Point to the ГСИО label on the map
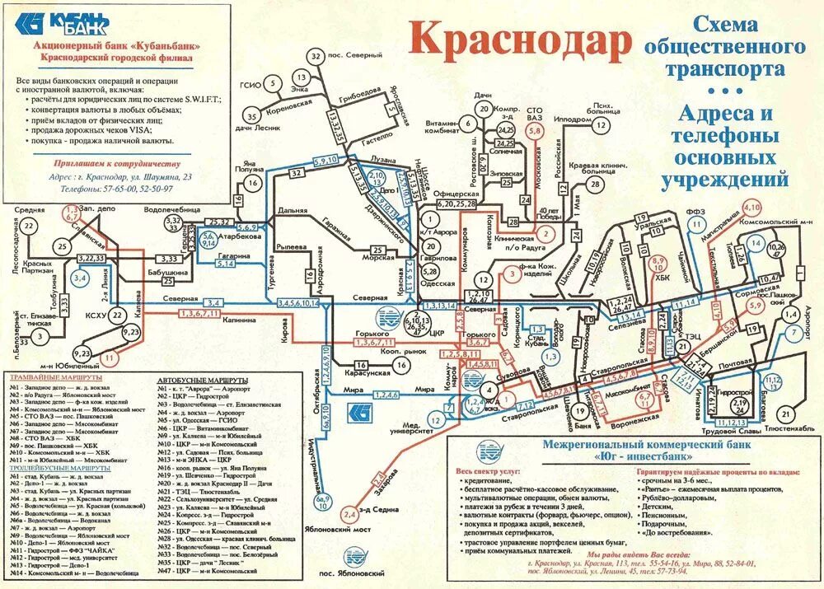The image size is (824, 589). (250, 85)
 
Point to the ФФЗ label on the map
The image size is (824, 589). (696, 212)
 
